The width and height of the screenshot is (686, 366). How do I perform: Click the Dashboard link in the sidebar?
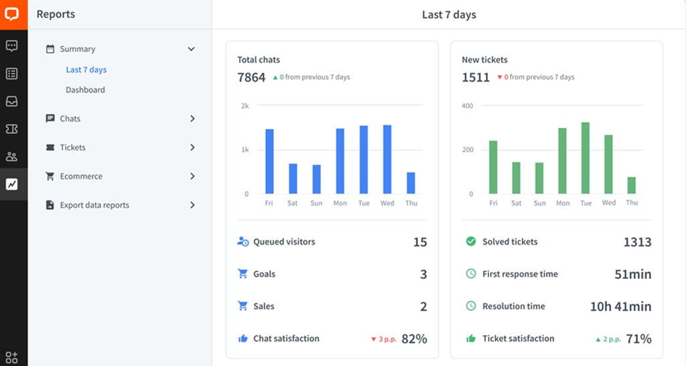[x=85, y=90]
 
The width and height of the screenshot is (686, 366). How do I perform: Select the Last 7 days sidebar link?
[x=86, y=70]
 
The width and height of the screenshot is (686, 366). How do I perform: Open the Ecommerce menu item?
[x=81, y=176]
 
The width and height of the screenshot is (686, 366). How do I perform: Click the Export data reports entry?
[x=94, y=205]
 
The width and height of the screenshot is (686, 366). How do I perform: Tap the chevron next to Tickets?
[x=192, y=147]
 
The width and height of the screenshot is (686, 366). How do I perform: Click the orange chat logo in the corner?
[x=13, y=14]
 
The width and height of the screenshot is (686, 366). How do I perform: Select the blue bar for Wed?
[x=387, y=160]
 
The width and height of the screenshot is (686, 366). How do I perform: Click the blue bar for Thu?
[x=411, y=183]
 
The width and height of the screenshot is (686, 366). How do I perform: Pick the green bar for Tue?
[x=586, y=158]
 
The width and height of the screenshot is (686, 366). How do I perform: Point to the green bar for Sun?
[x=539, y=178]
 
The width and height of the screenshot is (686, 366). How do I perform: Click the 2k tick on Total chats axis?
[x=245, y=106]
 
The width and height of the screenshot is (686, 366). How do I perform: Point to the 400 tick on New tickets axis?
[x=467, y=106]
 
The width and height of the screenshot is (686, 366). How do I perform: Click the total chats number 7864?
[x=251, y=77]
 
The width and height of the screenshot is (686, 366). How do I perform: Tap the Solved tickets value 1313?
[x=637, y=242]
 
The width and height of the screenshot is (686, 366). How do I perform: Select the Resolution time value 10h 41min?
[x=620, y=306]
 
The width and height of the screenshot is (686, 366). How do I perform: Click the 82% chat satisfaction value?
[x=414, y=339]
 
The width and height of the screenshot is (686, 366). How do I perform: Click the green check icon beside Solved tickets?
[x=471, y=241]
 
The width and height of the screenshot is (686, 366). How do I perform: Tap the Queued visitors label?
[x=283, y=242]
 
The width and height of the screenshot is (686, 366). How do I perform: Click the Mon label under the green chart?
[x=563, y=203]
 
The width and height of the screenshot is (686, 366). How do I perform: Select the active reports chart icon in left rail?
[x=12, y=184]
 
